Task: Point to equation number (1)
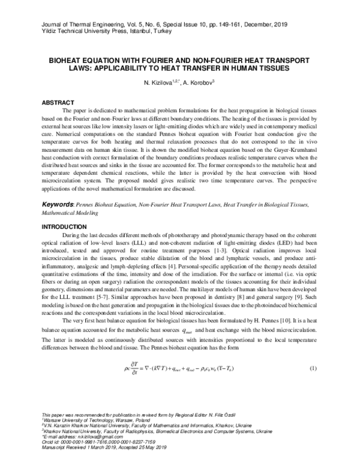pyautogui.click(x=313, y=368)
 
